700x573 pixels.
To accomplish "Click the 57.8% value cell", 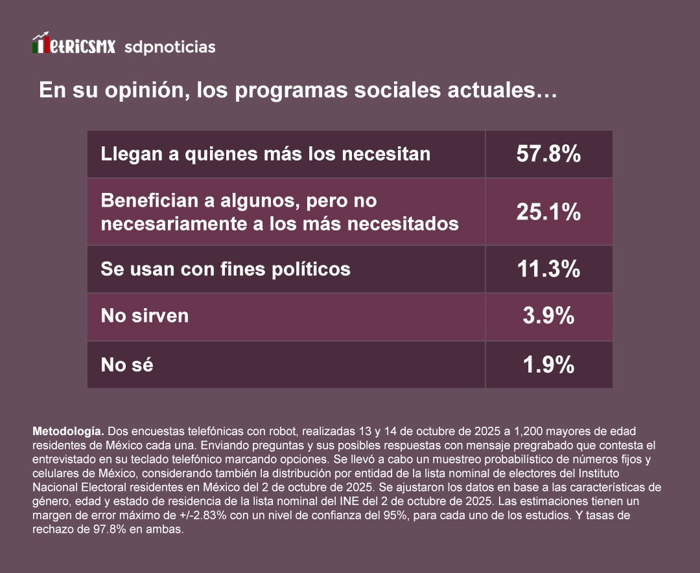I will click(x=548, y=154).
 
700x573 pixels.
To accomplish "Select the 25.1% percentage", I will click(x=548, y=212).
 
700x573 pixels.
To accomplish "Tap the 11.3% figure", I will click(x=548, y=269).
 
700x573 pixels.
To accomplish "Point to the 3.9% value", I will click(x=548, y=316).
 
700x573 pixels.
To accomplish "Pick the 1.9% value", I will click(x=548, y=365).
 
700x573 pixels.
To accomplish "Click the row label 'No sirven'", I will click(x=145, y=316).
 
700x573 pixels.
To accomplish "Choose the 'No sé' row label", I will click(x=127, y=365).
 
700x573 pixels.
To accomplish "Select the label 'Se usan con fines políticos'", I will click(x=226, y=269).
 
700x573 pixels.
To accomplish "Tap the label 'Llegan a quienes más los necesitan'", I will click(x=265, y=154).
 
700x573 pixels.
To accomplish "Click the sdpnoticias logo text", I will click(x=169, y=47).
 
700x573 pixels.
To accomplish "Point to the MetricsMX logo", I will click(x=74, y=45).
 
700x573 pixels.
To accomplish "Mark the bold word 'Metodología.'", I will click(x=68, y=431).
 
